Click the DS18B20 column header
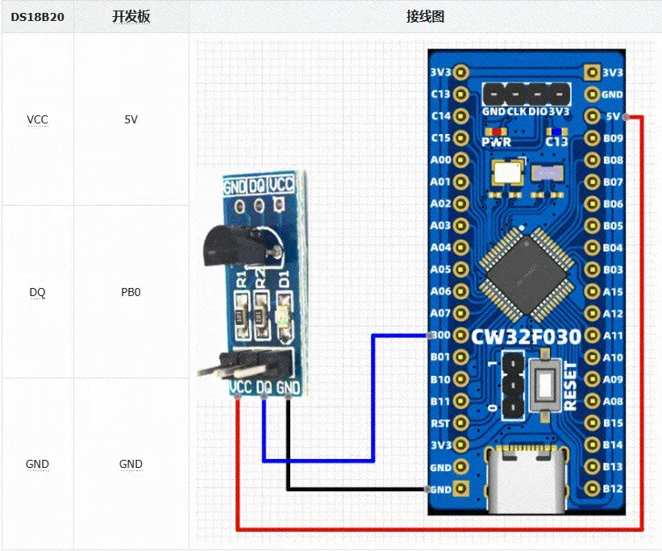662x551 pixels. [37, 17]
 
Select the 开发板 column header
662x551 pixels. [131, 17]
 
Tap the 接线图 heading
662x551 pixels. [425, 17]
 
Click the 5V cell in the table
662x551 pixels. [131, 119]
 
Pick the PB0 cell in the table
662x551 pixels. [131, 292]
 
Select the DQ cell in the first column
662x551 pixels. [37, 292]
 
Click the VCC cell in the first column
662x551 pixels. [37, 119]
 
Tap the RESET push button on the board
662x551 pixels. [545, 386]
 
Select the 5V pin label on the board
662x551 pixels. [613, 116]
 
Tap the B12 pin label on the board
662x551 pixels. [613, 488]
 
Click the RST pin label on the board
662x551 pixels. [440, 423]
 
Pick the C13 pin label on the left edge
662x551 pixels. [440, 94]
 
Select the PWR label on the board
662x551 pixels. [496, 142]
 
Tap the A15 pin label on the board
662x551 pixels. [613, 291]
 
